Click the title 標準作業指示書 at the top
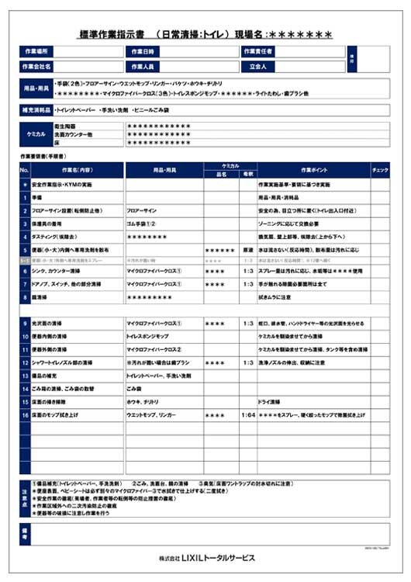pyautogui.click(x=114, y=34)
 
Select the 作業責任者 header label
pyautogui.click(x=260, y=51)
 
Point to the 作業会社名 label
pyautogui.click(x=36, y=67)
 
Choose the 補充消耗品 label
pyautogui.click(x=36, y=111)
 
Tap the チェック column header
pyautogui.click(x=380, y=169)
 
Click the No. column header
pyautogui.click(x=24, y=169)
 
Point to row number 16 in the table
pyautogui.click(x=25, y=416)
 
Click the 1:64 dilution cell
pyautogui.click(x=248, y=416)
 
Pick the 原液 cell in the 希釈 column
pyautogui.click(x=248, y=250)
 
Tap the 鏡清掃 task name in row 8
pyautogui.click(x=43, y=296)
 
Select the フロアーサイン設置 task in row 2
pyautogui.click(x=62, y=210)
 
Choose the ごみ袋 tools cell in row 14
pyautogui.click(x=135, y=387)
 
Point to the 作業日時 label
pyautogui.click(x=143, y=51)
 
